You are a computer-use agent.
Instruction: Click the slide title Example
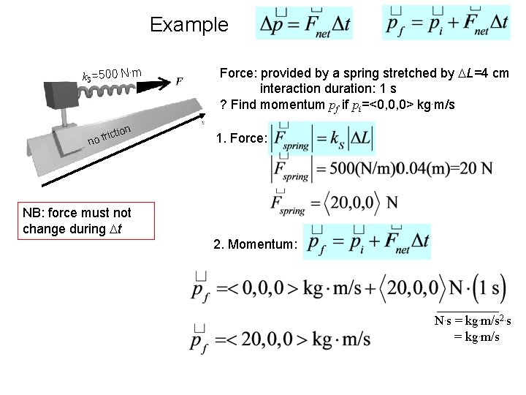[188, 25]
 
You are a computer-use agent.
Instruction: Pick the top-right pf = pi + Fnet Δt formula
[446, 24]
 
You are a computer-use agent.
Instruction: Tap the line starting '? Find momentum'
[337, 105]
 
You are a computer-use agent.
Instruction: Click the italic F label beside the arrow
[180, 80]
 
